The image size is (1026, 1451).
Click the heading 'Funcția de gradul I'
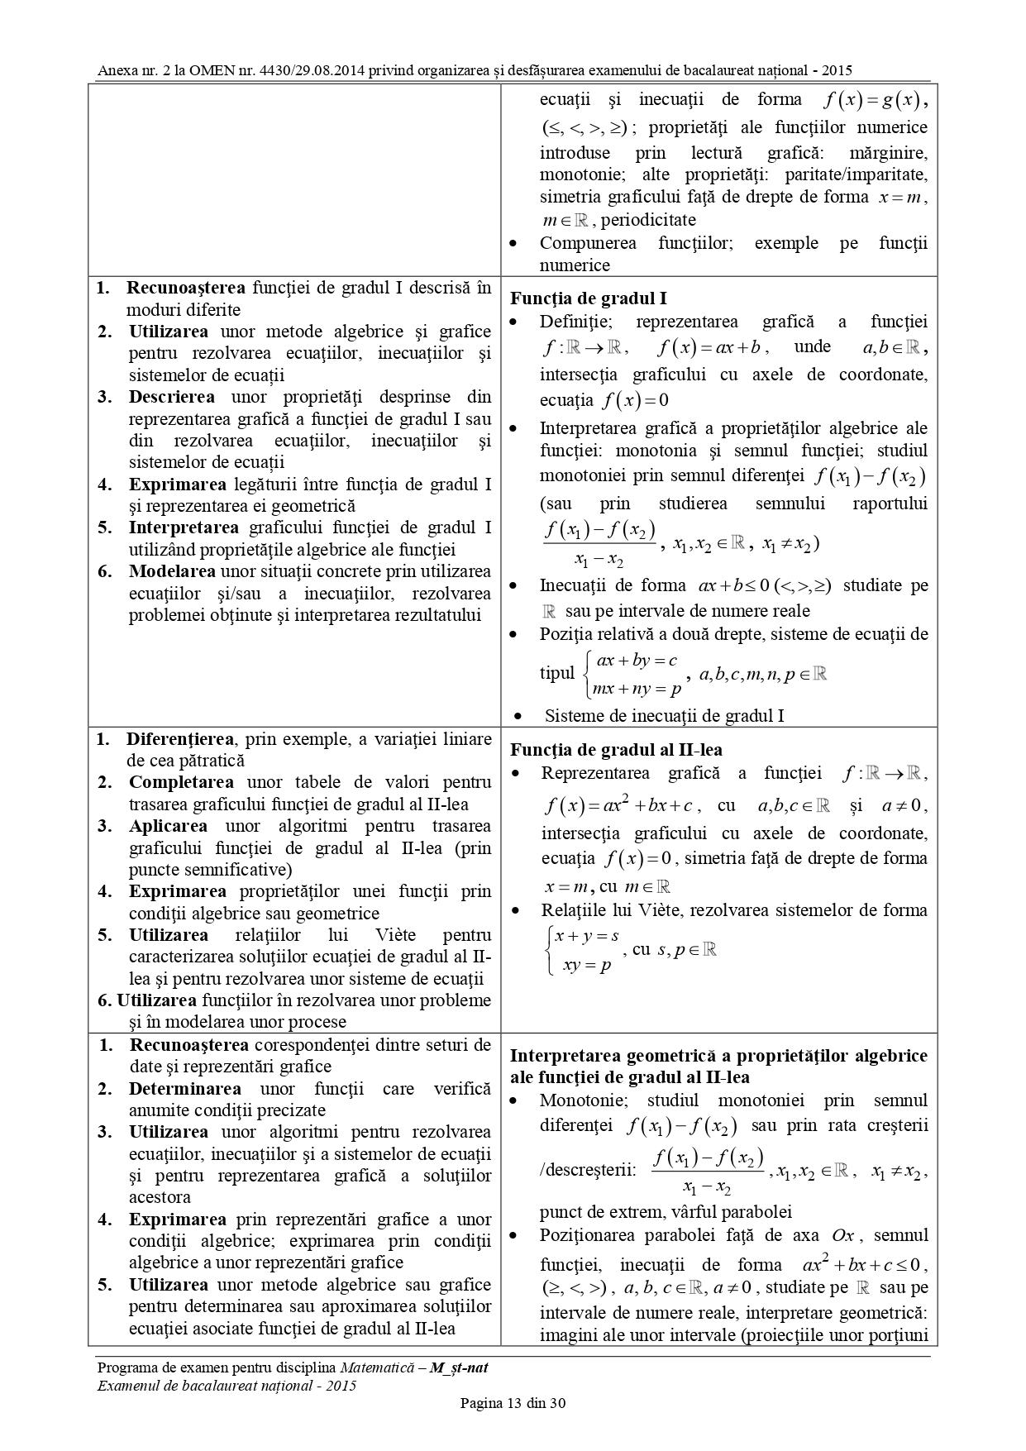pos(589,299)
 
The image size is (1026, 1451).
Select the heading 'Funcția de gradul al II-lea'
pos(616,750)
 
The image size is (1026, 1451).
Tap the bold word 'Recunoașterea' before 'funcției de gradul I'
pos(185,288)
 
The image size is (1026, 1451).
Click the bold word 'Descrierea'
pos(172,397)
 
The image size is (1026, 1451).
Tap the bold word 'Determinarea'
pos(185,1089)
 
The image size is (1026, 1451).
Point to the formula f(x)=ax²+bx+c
pos(623,805)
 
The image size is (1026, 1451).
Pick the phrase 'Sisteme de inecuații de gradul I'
pos(664,715)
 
